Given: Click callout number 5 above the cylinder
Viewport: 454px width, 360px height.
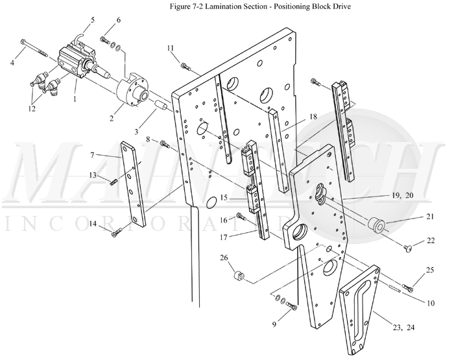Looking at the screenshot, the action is (93, 20).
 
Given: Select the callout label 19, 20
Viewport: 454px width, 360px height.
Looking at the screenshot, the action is (403, 196).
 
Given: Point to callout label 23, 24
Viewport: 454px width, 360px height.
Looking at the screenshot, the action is (403, 328).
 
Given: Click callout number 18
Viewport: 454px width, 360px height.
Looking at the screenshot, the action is (313, 116).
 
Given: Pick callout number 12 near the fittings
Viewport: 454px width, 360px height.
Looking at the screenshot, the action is (32, 109).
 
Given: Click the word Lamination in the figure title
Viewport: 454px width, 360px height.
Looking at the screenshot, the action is (221, 6).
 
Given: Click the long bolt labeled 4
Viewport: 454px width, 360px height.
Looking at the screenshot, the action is (34, 49).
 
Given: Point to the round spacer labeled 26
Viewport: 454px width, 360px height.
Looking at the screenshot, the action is (239, 274).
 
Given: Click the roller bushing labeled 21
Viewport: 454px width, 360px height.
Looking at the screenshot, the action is (376, 226).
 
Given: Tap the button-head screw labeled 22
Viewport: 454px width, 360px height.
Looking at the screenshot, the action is (408, 248).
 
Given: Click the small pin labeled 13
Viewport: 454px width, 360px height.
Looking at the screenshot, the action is (113, 183).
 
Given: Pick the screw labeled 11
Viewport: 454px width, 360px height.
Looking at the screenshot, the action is (185, 67).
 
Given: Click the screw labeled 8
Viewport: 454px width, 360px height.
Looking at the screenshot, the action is (165, 143).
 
